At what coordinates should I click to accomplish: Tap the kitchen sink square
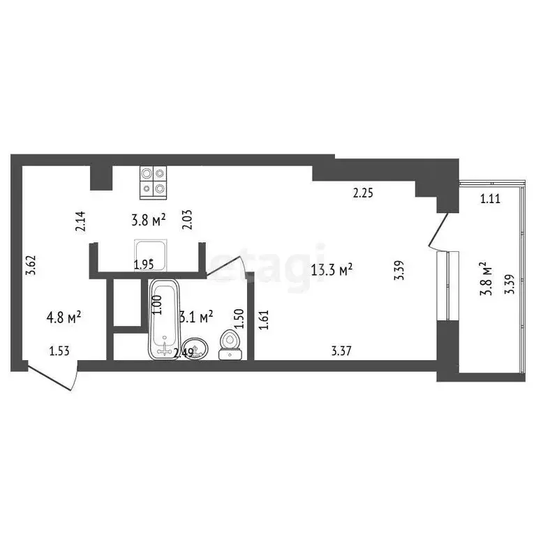point(151,253)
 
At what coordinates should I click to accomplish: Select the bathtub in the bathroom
point(164,318)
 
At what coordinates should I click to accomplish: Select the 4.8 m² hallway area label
point(64,318)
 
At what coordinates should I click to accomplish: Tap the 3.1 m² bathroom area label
point(196,318)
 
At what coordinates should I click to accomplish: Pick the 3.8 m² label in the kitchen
point(148,221)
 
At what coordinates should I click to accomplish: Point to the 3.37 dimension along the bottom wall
point(342,352)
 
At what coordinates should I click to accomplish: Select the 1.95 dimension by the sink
point(144,264)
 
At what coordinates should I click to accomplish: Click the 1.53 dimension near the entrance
point(60,352)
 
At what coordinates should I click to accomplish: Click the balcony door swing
point(439,231)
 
